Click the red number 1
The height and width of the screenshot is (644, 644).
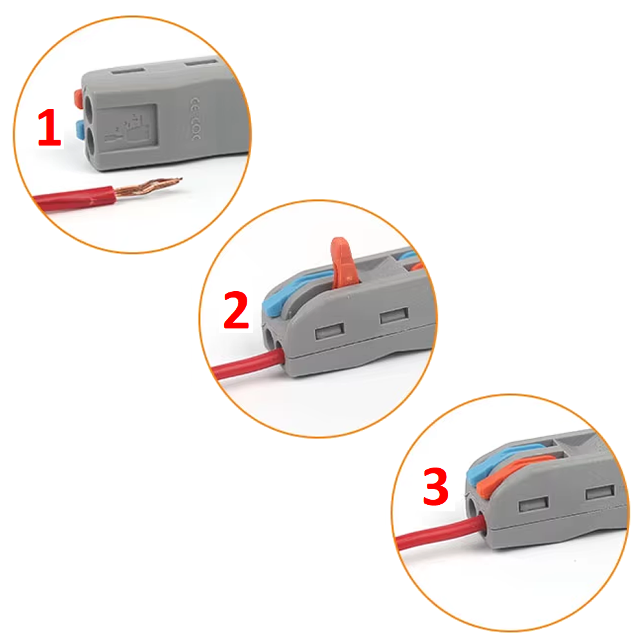click(50, 129)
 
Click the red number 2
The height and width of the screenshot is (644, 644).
click(236, 310)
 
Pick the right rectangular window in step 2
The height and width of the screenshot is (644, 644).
click(392, 317)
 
